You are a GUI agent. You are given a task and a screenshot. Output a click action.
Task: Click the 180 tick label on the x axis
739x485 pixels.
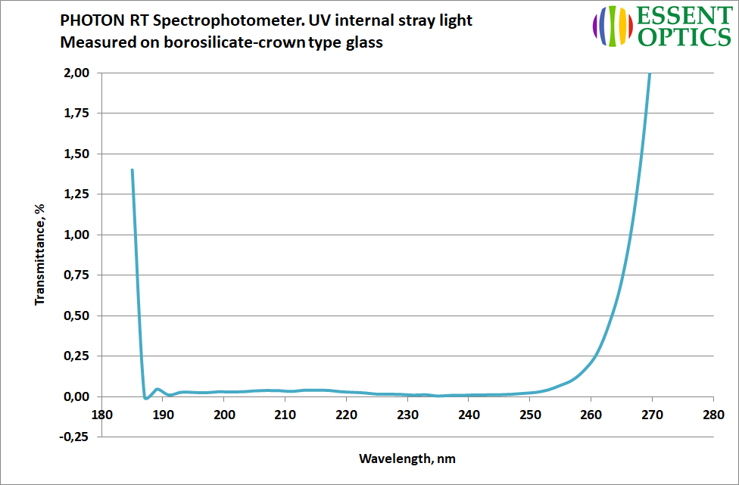click(x=101, y=415)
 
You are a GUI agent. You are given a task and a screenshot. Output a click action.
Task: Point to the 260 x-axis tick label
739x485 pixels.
click(x=591, y=415)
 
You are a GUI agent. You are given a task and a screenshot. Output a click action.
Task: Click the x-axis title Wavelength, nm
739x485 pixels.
click(x=407, y=459)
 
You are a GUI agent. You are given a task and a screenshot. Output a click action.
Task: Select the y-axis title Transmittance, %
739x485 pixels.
click(x=40, y=253)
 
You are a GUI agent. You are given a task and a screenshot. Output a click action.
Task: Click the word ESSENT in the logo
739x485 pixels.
click(x=679, y=16)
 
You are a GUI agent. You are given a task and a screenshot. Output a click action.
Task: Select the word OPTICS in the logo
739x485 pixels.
click(x=679, y=36)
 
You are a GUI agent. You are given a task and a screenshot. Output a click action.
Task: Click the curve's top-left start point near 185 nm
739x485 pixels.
click(x=133, y=170)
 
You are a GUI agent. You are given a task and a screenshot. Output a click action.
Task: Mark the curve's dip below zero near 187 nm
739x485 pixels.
click(x=145, y=398)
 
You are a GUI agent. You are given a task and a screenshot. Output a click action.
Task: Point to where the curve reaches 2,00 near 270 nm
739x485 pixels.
click(x=650, y=73)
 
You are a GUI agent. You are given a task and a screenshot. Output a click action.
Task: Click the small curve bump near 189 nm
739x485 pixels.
click(x=157, y=390)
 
